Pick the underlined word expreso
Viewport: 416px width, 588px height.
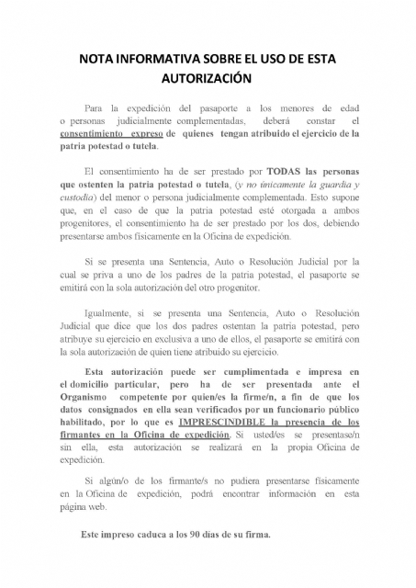pos(137,133)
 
